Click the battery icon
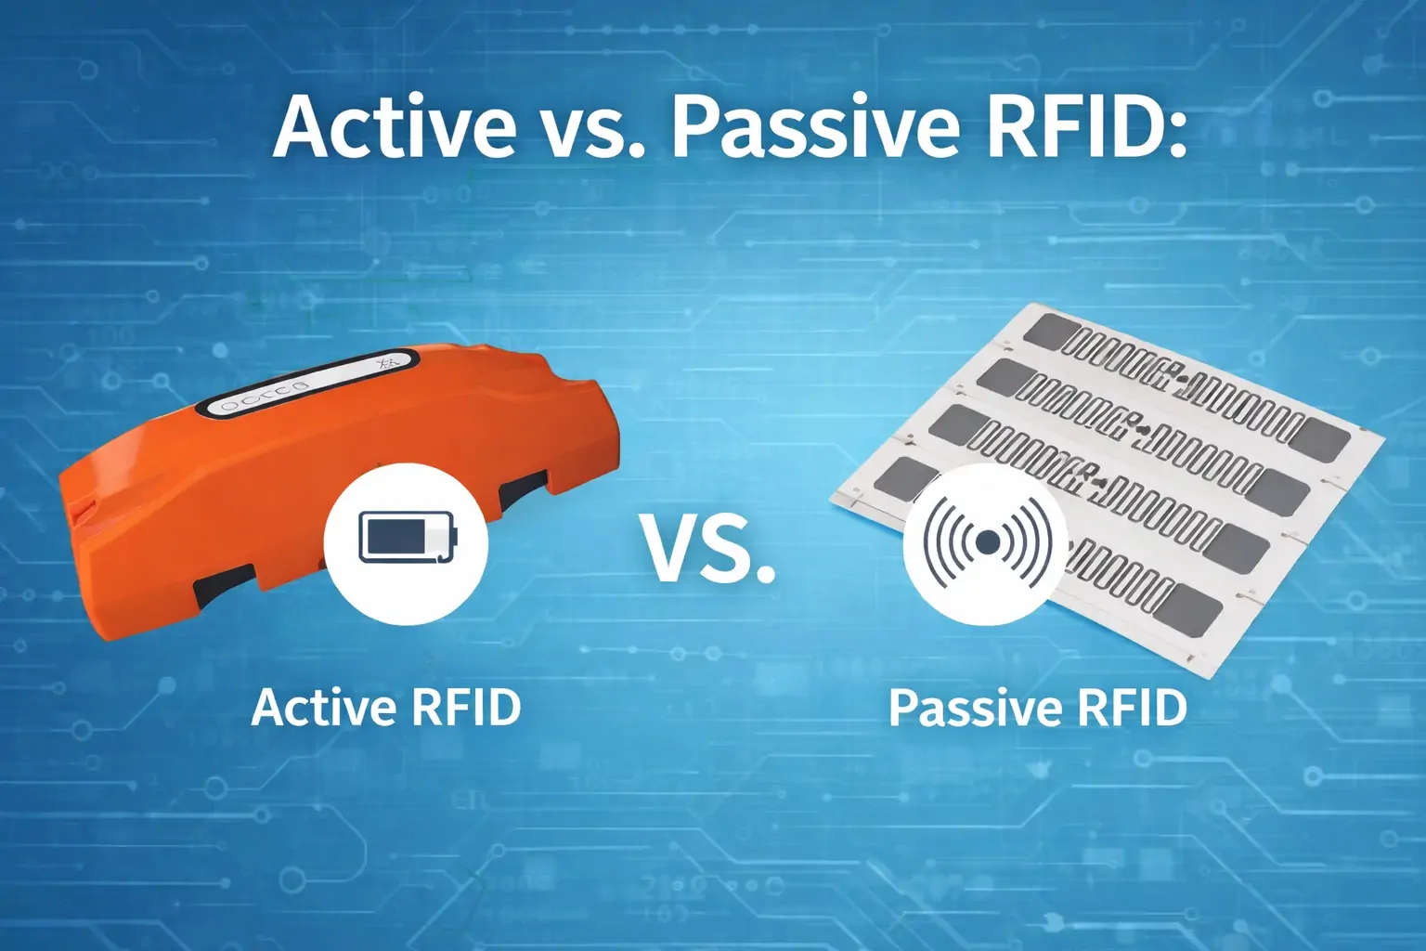pos(407,538)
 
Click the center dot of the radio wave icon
pos(988,541)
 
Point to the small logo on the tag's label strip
pos(388,363)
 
